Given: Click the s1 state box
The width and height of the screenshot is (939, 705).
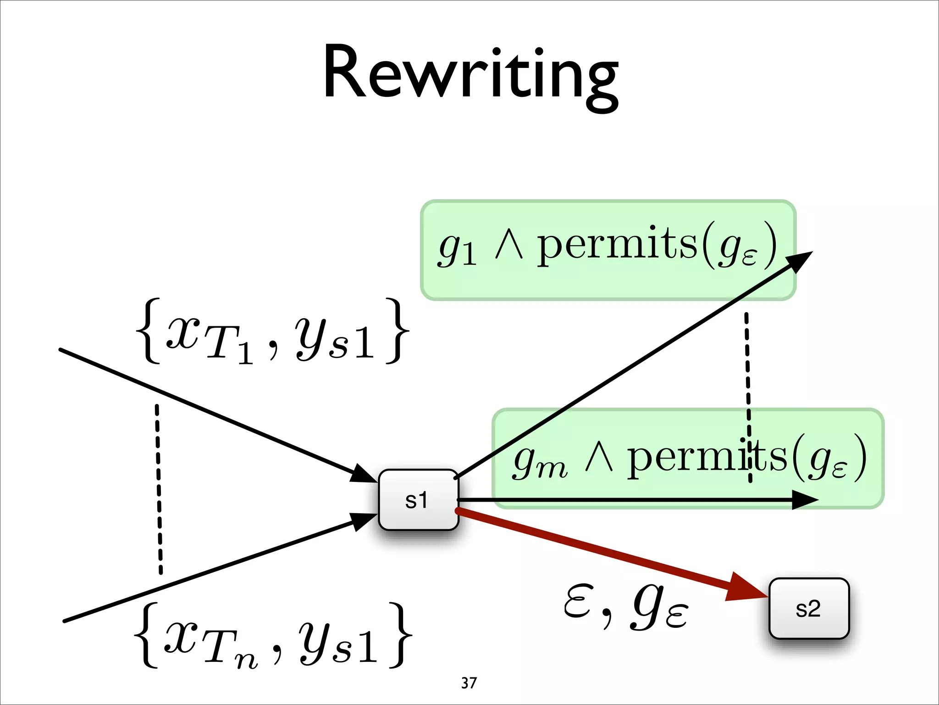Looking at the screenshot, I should (x=418, y=500).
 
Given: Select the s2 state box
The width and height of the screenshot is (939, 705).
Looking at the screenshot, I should (x=809, y=609).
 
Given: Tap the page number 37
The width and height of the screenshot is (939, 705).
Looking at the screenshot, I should (x=469, y=683).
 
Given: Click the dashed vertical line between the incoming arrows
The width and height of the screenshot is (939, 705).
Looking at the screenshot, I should (x=159, y=489).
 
